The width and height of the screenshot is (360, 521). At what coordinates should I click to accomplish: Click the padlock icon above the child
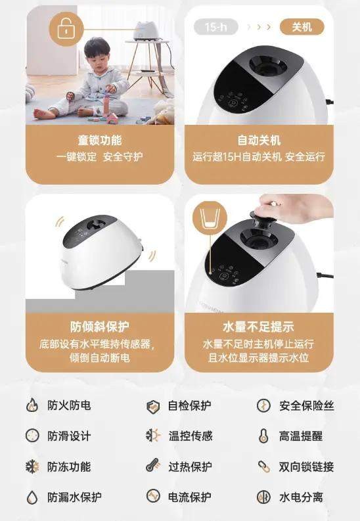[x=66, y=29]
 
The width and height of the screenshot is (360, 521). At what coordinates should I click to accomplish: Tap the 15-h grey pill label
[x=216, y=26]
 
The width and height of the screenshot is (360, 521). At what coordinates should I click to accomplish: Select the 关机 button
[x=302, y=26]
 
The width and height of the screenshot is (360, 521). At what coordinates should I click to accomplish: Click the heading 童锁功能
[x=100, y=140]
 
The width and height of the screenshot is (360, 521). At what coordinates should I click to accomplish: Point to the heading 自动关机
[x=259, y=140]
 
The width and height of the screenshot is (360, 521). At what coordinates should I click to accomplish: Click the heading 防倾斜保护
[x=100, y=327]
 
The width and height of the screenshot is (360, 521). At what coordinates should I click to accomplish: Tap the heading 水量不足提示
[x=259, y=327]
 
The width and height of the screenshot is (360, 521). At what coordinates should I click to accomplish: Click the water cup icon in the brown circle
[x=209, y=219]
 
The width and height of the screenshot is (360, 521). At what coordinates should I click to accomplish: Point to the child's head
[x=97, y=51]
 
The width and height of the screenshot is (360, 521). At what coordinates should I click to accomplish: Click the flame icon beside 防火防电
[x=32, y=405]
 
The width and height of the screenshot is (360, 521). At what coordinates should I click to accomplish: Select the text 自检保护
[x=189, y=406]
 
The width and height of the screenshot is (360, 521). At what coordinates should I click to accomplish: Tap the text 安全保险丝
[x=307, y=406]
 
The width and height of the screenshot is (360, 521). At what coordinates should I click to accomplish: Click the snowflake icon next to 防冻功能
[x=32, y=466]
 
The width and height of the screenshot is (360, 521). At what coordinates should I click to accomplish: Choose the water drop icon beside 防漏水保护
[x=32, y=497]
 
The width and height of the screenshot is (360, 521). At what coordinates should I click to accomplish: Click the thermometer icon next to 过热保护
[x=153, y=466]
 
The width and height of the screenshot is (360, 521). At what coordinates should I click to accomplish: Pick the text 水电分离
[x=301, y=497]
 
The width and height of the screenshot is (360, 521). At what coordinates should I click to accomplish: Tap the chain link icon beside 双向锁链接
[x=264, y=466]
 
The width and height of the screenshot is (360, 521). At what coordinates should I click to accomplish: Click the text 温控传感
[x=191, y=436]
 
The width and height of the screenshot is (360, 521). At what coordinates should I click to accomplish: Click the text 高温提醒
[x=301, y=436]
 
